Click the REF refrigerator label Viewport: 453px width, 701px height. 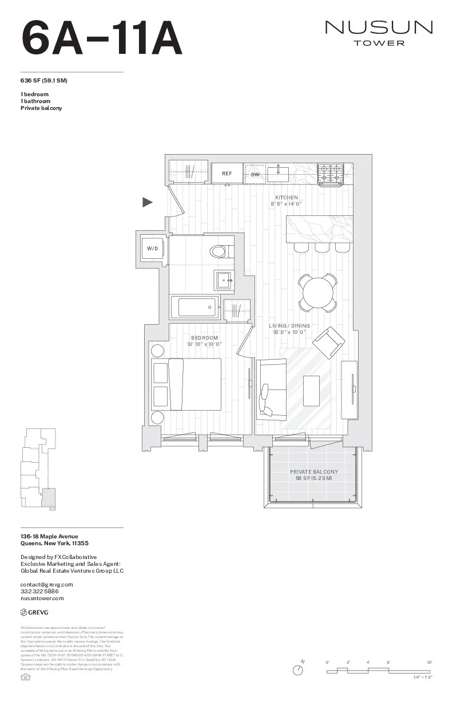(x=227, y=173)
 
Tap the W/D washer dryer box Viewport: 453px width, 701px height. (x=152, y=249)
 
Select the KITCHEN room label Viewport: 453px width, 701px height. (x=287, y=198)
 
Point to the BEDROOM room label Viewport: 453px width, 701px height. (x=205, y=338)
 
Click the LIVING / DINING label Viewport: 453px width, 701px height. (x=289, y=326)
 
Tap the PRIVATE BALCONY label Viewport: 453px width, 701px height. (x=314, y=472)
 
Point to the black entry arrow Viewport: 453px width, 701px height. (x=148, y=202)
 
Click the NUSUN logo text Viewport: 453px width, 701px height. (x=379, y=27)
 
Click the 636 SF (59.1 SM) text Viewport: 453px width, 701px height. (x=44, y=80)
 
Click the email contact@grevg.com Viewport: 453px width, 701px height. (x=47, y=584)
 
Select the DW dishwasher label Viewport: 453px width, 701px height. (x=255, y=174)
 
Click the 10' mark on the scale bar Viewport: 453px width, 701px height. (x=428, y=662)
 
